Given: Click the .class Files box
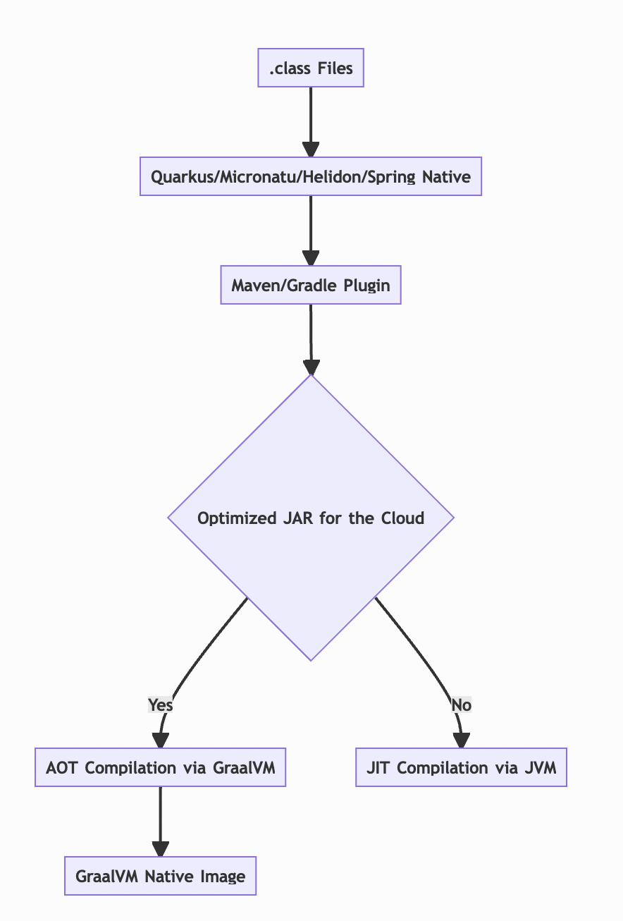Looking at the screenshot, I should pyautogui.click(x=311, y=68).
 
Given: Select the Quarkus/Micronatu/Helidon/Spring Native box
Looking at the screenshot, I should pyautogui.click(x=311, y=176).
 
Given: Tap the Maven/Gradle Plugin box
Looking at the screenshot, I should pyautogui.click(x=311, y=285).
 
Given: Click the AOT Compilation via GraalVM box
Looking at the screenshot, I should pyautogui.click(x=161, y=767).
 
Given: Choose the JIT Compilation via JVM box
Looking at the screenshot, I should pyautogui.click(x=461, y=767).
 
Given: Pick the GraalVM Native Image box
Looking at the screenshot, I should pyautogui.click(x=161, y=876).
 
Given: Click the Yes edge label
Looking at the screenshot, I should pyautogui.click(x=161, y=705).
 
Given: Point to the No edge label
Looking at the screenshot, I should pyautogui.click(x=461, y=705).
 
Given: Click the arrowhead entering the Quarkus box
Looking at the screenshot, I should pyautogui.click(x=311, y=150).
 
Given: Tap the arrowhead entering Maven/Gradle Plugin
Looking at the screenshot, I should pyautogui.click(x=311, y=258).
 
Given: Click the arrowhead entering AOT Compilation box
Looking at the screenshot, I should pyautogui.click(x=161, y=740).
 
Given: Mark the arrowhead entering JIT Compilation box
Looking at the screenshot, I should pyautogui.click(x=461, y=740).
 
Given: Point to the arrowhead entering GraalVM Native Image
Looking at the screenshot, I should pyautogui.click(x=161, y=849).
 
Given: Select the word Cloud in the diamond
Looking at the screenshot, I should pyautogui.click(x=402, y=518).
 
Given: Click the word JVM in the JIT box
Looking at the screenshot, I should pyautogui.click(x=541, y=767).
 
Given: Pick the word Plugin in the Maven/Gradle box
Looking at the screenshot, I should pyautogui.click(x=366, y=285).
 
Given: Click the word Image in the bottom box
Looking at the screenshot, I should pyautogui.click(x=222, y=876).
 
